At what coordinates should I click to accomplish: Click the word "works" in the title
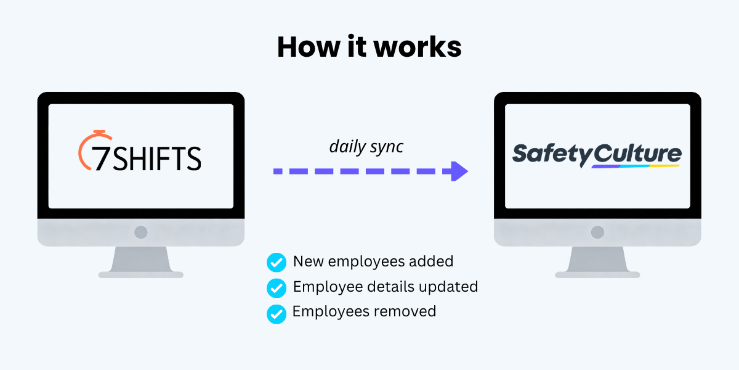[x=418, y=47]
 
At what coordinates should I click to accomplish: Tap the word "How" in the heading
[x=309, y=47]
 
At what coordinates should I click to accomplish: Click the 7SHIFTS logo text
[x=146, y=158]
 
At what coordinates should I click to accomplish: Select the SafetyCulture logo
[x=597, y=155]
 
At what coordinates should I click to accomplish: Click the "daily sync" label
[x=366, y=147]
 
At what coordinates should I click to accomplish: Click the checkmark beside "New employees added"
[x=277, y=262]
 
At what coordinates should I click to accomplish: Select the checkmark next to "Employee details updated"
[x=277, y=288]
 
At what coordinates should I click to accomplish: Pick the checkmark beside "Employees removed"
[x=277, y=314]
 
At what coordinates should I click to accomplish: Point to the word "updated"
[x=448, y=287]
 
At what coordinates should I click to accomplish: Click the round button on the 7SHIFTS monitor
[x=141, y=232]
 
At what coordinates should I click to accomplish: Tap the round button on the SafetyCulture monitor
[x=597, y=232]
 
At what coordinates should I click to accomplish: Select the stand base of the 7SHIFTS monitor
[x=141, y=274]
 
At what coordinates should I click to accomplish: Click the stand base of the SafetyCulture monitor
[x=597, y=274]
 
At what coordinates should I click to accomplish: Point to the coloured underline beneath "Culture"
[x=636, y=166]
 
